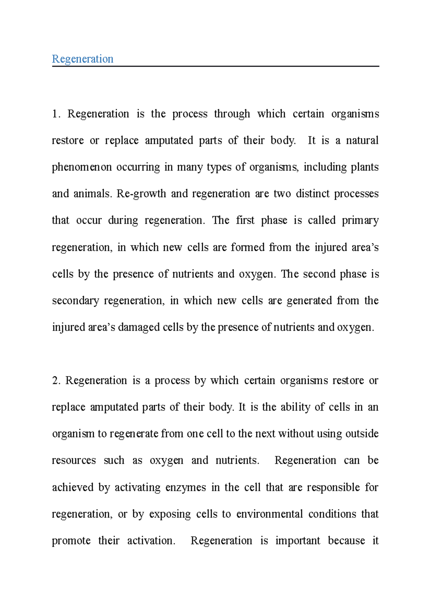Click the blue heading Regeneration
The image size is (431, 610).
tap(83, 59)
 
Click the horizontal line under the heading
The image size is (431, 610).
tap(215, 66)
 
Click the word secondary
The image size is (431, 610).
tap(75, 301)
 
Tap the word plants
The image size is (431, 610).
tap(365, 167)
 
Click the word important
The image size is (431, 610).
tap(298, 541)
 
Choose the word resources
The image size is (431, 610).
tap(74, 461)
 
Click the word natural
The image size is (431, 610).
tap(362, 140)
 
